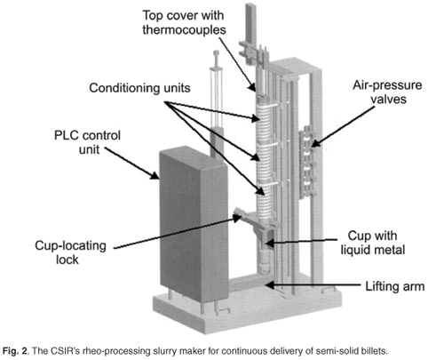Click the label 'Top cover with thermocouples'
pos(184,22)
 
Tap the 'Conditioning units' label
pos(139,88)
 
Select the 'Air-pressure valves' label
pos(388,92)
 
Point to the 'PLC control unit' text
pos(88,142)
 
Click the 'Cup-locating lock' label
pos(70,252)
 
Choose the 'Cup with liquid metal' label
pos(373,243)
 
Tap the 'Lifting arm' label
pos(395,286)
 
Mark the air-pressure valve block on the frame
pos(307,162)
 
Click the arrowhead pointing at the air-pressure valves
pos(314,144)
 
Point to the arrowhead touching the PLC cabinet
pos(155,175)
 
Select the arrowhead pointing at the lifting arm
pos(269,284)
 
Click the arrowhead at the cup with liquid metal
pos(269,244)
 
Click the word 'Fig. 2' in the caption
pos(15,351)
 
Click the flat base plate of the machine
pos(248,313)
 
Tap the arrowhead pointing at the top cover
pos(252,86)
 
